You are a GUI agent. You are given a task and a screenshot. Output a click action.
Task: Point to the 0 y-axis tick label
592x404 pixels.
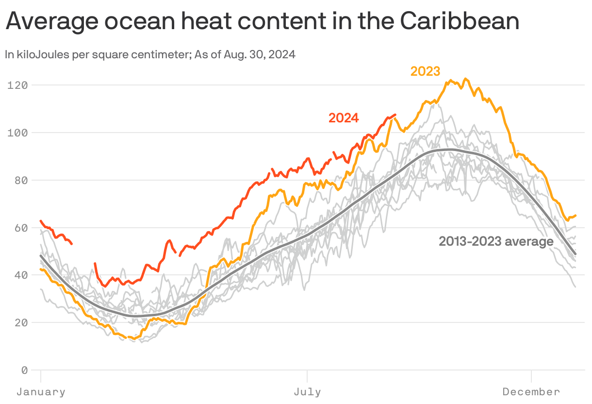24,370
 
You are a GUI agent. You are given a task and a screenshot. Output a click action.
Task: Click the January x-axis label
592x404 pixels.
41,392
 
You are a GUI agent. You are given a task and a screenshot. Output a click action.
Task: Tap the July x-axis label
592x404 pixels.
307,392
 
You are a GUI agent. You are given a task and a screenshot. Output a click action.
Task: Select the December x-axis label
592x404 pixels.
531,392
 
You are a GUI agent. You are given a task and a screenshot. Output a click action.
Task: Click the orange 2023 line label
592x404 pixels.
425,71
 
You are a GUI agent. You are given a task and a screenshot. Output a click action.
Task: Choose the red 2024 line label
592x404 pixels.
344,118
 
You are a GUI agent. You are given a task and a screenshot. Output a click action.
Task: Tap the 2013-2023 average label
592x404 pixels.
496,241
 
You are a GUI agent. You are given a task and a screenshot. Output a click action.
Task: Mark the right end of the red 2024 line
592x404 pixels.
395,115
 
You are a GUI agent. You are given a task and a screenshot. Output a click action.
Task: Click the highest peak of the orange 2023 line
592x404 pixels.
465,78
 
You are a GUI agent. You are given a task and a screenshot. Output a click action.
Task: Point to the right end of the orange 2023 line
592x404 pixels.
576,215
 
